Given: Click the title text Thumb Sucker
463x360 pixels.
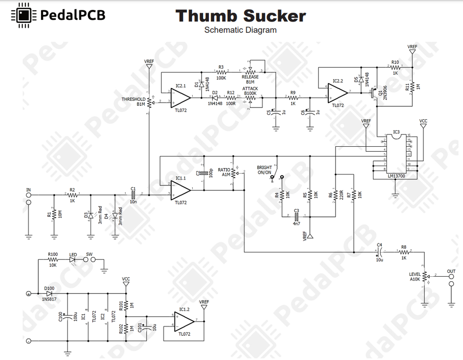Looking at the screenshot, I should (241, 16).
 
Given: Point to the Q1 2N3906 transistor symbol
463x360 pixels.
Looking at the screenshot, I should (373, 93).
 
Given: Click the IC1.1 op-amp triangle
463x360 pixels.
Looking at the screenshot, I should (180, 190).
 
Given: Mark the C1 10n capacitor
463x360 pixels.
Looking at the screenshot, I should (133, 195).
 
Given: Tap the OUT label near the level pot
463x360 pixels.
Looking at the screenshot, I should (451, 271).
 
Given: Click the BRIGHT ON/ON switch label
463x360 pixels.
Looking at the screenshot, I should (264, 170).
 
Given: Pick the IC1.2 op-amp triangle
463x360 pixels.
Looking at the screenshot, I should (182, 321).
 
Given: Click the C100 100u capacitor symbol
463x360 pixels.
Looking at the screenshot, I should (68, 317).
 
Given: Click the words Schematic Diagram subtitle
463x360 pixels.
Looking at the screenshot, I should (240, 30).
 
